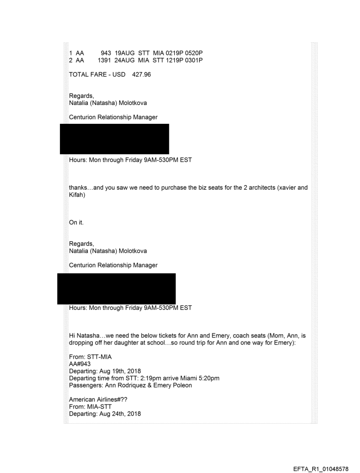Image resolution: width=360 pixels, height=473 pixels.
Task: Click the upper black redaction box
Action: click(x=114, y=138)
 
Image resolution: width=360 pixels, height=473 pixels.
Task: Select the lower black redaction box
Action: click(x=116, y=288)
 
